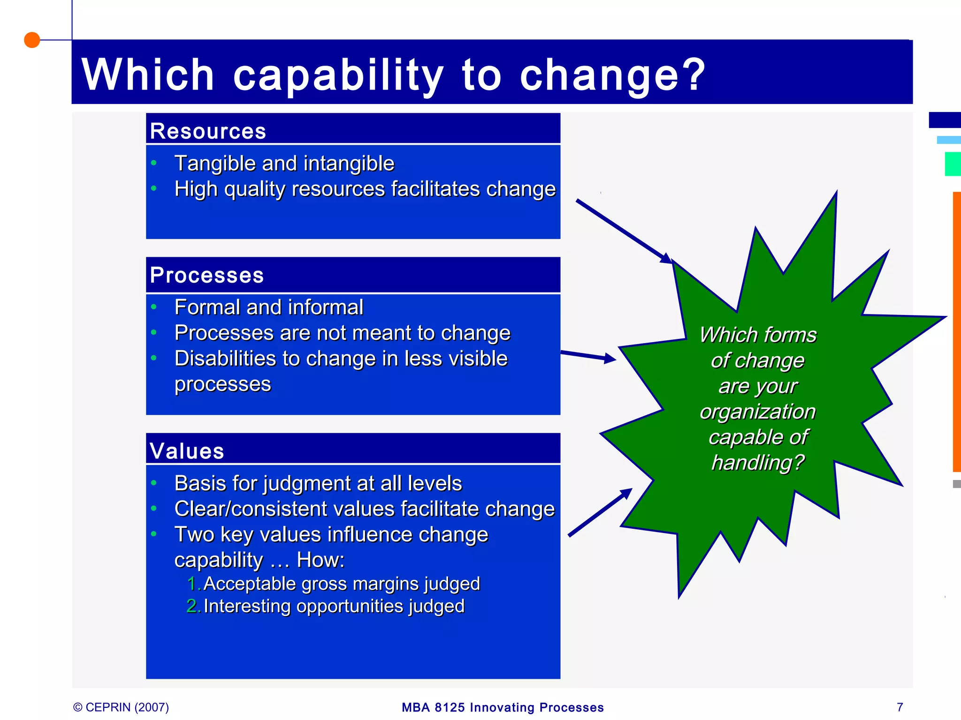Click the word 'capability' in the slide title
pos(338,75)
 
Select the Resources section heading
pos(208,131)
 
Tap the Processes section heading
pos(206,275)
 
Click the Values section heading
pos(187,451)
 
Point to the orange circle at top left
pos(32,40)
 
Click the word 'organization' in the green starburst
pos(757,412)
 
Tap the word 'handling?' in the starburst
pos(757,463)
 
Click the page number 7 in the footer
pos(900,707)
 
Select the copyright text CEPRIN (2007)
pos(121,707)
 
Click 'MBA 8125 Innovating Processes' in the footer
pos(503,707)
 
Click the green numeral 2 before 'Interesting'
pos(192,606)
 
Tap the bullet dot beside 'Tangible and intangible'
pos(154,163)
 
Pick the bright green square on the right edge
pos(953,164)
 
